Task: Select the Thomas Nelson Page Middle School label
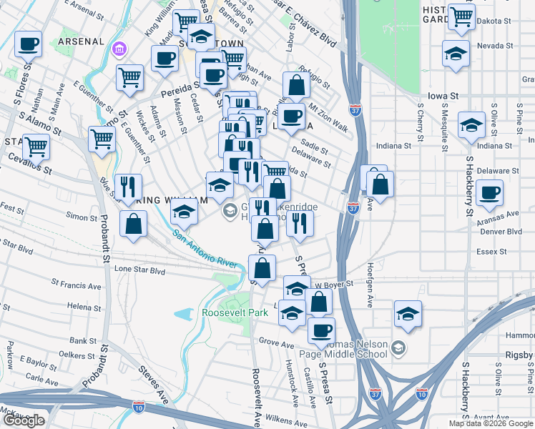pos(354,349)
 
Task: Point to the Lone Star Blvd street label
pos(139,271)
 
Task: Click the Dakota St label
pos(500,21)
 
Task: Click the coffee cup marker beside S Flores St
pos(28,44)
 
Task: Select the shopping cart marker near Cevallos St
pos(36,147)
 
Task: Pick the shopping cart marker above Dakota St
pos(462,15)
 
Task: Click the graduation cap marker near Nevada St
pos(456,54)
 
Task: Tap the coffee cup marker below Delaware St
pos(490,192)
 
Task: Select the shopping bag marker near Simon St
pos(133,224)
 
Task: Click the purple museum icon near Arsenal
pos(119,49)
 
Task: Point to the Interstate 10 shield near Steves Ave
pos(139,406)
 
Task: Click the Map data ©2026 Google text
pos(491,423)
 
